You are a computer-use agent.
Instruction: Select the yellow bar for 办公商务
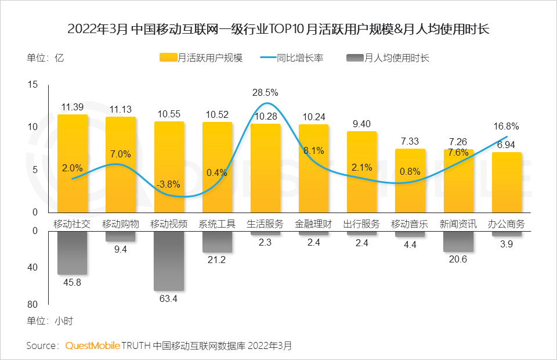(x=507, y=182)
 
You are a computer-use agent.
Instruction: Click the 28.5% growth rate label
(x=265, y=92)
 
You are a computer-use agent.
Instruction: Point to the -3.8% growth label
(x=168, y=185)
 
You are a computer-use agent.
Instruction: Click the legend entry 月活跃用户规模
(x=201, y=57)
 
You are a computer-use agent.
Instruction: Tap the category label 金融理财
(x=313, y=224)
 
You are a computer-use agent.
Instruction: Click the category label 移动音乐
(x=410, y=224)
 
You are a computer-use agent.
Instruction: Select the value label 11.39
(x=73, y=107)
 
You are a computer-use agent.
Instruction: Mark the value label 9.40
(x=361, y=123)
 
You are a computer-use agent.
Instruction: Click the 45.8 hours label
(x=72, y=283)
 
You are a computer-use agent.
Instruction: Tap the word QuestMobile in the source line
(x=92, y=345)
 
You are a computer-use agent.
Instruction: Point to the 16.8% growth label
(x=506, y=126)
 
